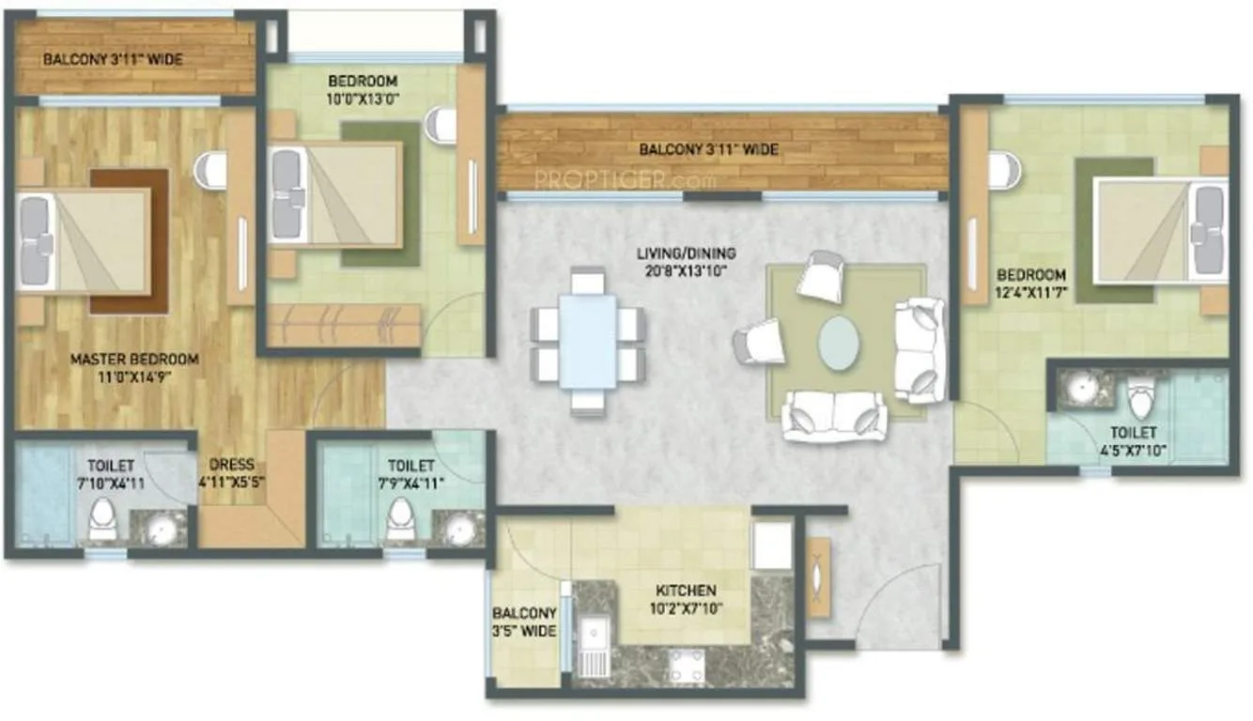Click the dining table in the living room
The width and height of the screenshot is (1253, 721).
coord(588,341)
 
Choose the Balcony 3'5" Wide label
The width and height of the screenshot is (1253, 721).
coord(524,624)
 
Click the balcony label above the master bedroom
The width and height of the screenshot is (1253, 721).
coord(113,60)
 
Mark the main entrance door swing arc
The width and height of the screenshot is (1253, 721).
coord(902,601)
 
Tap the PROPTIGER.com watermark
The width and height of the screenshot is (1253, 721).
coord(626,179)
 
